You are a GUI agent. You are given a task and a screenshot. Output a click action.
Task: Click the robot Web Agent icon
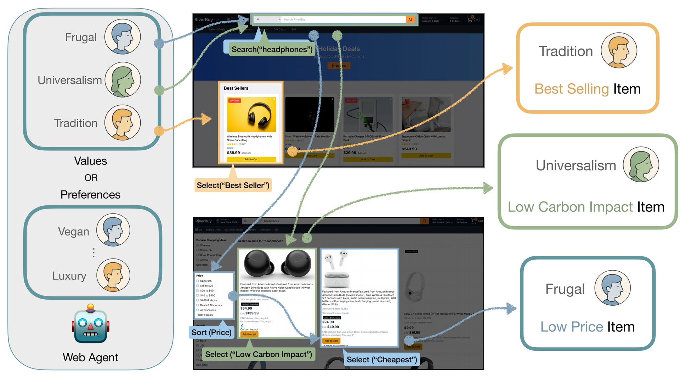[91, 324]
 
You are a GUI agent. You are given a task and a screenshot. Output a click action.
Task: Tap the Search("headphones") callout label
[272, 49]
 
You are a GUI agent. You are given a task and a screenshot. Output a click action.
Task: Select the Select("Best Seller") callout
[233, 185]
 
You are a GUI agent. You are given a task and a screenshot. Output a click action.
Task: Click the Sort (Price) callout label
[211, 332]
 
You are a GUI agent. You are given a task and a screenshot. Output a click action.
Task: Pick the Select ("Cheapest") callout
[381, 360]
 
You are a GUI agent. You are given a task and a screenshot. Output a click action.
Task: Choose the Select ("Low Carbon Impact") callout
[258, 354]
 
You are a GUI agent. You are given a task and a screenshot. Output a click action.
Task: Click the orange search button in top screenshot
[410, 20]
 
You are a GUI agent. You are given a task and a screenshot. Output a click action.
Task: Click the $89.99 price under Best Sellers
[233, 153]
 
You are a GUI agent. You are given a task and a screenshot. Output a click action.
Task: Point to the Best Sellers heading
[236, 88]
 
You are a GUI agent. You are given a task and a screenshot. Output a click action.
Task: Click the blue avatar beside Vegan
[113, 230]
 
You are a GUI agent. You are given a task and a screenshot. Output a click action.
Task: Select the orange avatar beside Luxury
[113, 275]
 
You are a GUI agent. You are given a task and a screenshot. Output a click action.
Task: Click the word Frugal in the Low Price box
[565, 289]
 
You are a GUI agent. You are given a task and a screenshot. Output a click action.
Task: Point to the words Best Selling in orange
[571, 89]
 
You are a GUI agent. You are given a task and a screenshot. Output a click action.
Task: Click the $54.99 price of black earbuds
[246, 309]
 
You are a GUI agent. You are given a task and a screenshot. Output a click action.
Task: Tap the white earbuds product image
[336, 270]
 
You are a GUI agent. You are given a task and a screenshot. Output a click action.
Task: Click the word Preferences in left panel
[90, 195]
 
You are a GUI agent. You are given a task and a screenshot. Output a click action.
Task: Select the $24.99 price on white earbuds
[328, 322]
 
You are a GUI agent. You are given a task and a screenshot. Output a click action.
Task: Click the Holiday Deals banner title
[339, 49]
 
